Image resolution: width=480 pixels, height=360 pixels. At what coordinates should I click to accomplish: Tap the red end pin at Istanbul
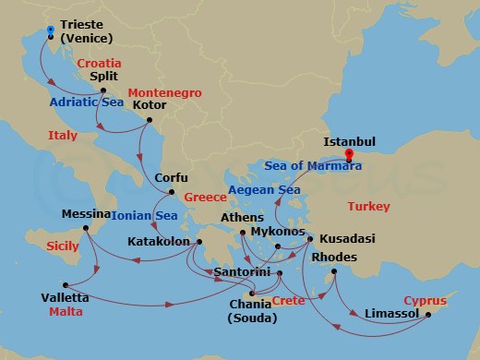tap(348, 155)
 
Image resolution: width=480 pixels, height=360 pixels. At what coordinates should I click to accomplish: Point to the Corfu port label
tap(172, 178)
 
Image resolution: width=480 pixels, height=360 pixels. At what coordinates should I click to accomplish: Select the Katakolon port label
tap(158, 244)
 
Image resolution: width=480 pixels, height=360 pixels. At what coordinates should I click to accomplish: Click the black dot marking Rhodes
tap(335, 270)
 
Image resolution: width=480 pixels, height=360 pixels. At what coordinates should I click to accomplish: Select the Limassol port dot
tap(428, 314)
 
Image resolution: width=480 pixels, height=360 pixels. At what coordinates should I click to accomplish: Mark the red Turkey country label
tap(370, 206)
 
